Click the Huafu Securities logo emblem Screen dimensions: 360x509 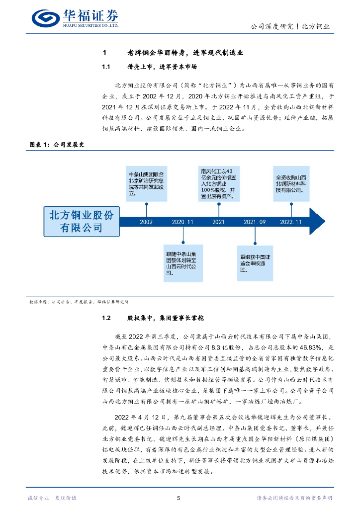[x=45, y=18]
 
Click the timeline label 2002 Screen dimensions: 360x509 [x=146, y=222]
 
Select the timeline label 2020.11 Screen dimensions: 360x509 [x=182, y=222]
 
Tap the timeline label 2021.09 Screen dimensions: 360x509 [x=255, y=222]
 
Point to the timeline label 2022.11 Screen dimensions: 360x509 [x=291, y=222]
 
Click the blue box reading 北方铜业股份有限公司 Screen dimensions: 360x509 [x=82, y=221]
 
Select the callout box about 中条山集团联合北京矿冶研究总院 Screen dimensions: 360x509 [x=146, y=184]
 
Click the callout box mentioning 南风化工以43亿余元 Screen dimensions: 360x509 [x=219, y=184]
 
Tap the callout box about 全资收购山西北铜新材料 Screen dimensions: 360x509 [x=291, y=184]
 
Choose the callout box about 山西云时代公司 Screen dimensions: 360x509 [x=182, y=263]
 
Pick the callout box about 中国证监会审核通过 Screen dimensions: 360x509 [x=255, y=263]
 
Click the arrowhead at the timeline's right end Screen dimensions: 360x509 [x=317, y=221]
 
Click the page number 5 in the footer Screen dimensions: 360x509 [x=179, y=498]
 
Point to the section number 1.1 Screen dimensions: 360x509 [x=106, y=67]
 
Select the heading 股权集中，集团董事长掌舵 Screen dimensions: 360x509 [x=165, y=318]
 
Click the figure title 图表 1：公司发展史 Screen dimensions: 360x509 [x=57, y=145]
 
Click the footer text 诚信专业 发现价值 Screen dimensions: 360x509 [x=52, y=498]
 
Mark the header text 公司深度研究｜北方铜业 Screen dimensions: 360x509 [x=290, y=27]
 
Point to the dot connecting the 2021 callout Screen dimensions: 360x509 [x=219, y=204]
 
